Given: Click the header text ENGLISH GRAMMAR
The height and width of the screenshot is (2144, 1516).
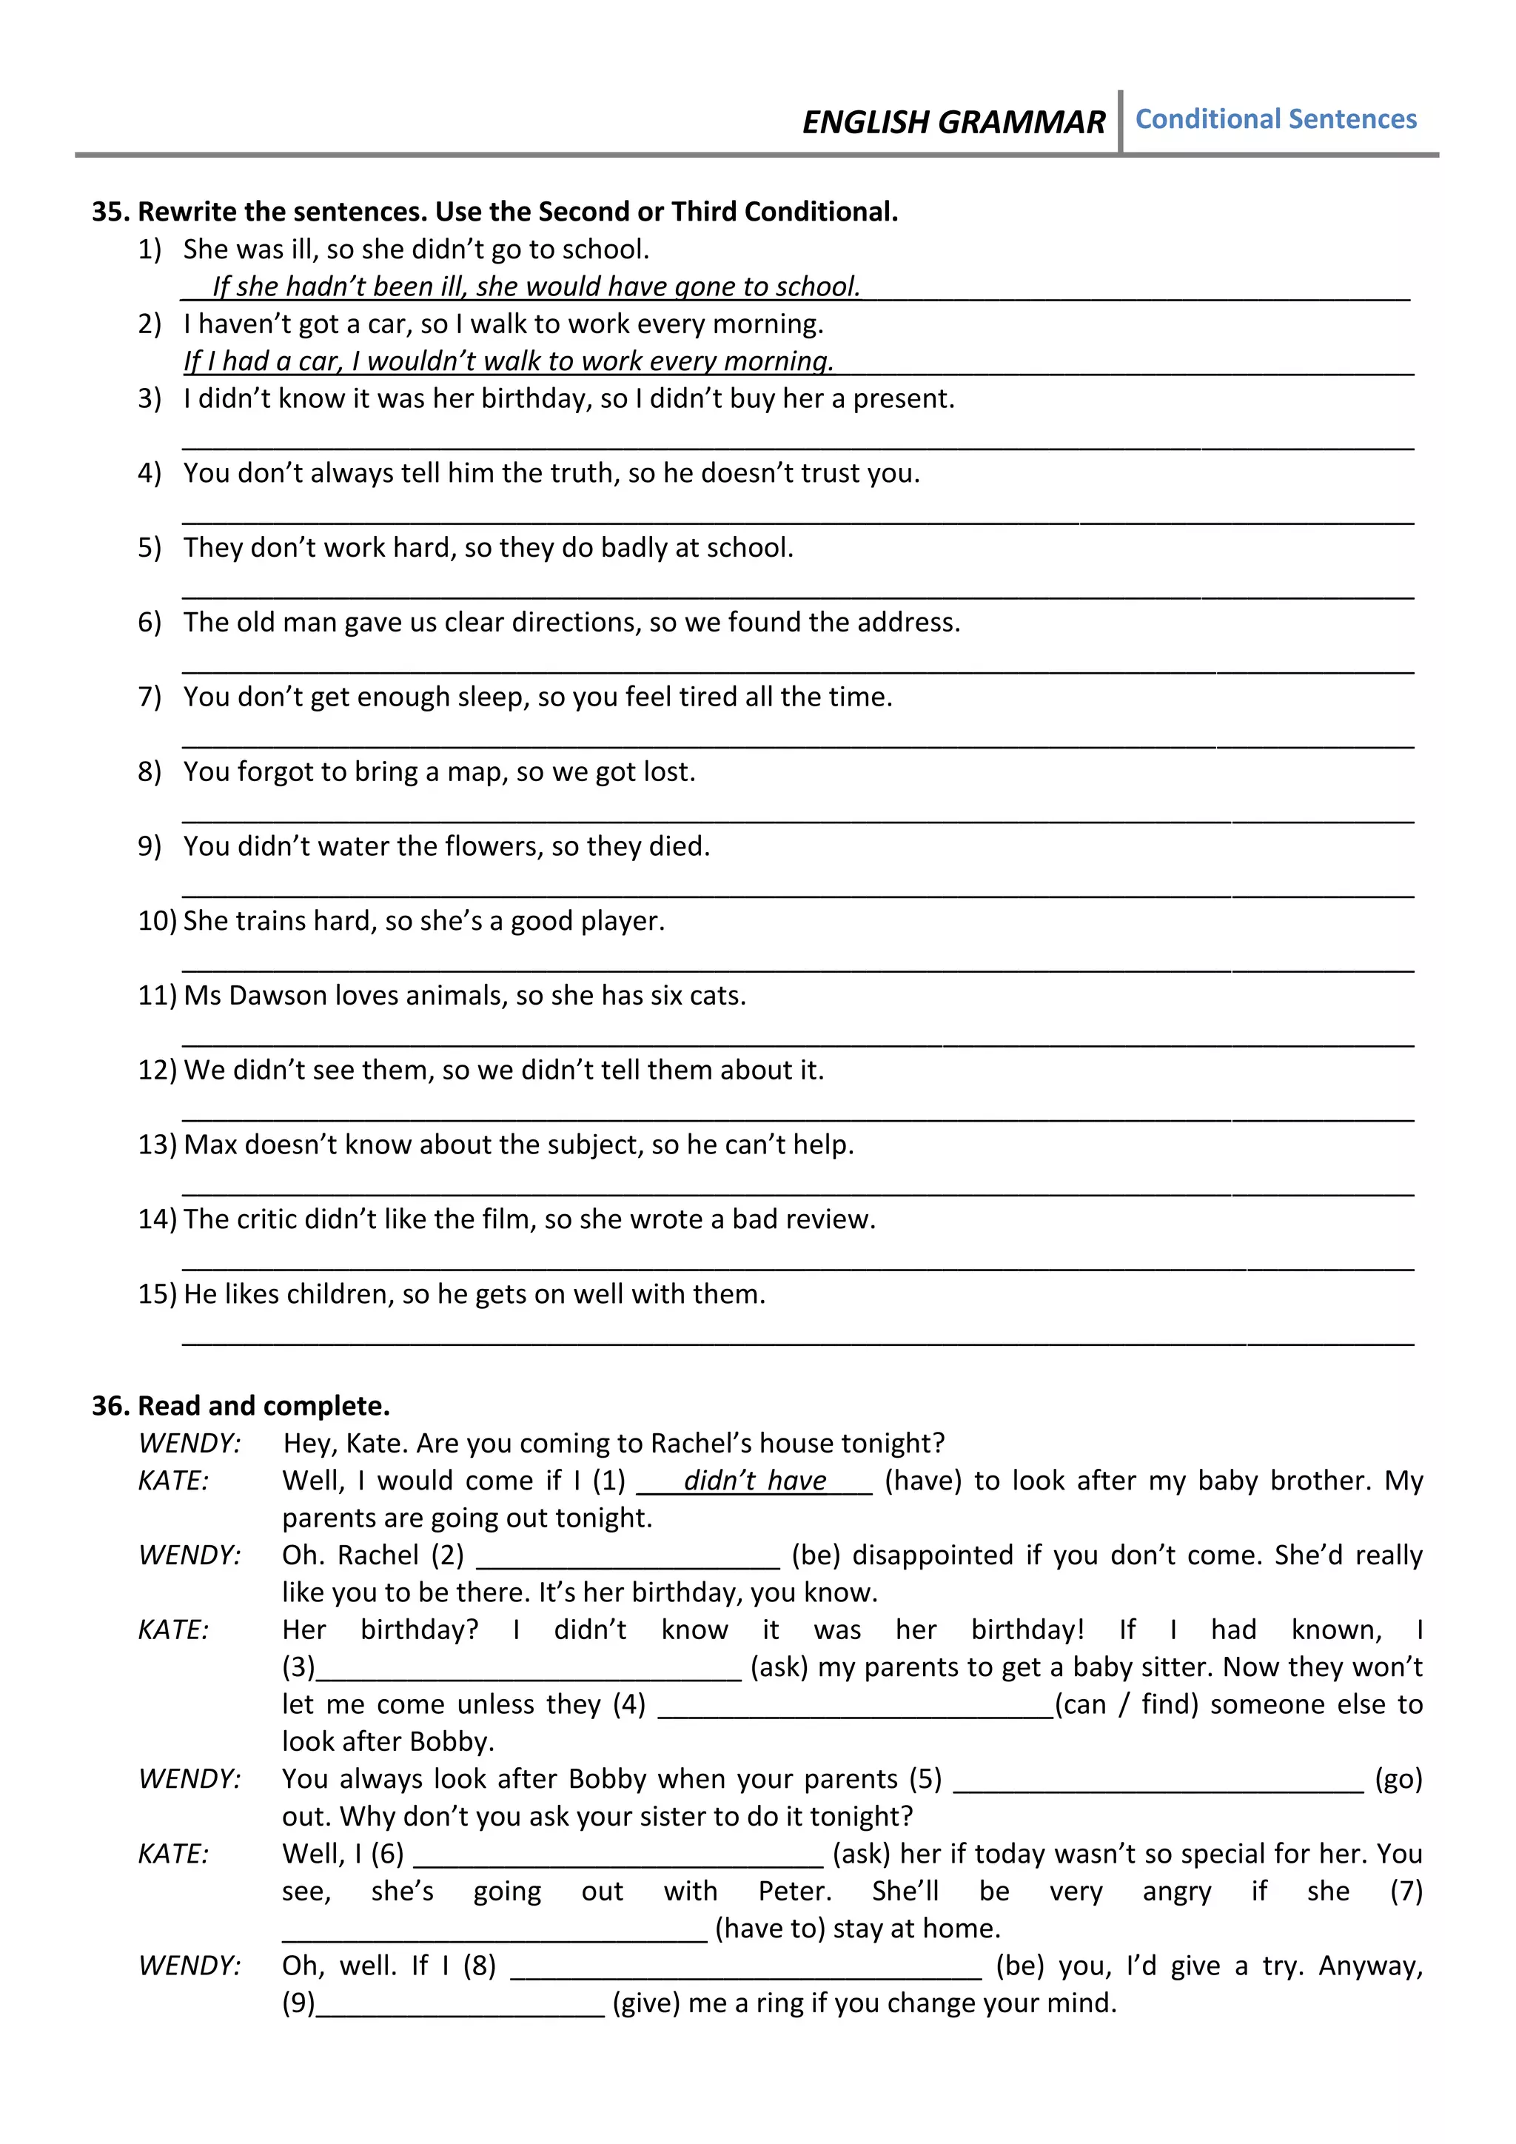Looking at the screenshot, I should (953, 122).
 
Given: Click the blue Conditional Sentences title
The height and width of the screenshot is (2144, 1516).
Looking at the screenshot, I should (1275, 119).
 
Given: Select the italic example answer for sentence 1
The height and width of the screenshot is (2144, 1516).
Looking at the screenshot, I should (536, 286).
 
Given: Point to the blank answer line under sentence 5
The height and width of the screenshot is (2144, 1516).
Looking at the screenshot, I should (797, 594).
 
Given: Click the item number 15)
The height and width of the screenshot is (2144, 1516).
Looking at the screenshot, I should (157, 1294).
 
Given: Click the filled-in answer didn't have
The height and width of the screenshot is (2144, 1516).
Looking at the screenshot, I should (754, 1481).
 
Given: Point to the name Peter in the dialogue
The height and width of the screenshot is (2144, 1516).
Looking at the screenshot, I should (794, 1891).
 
